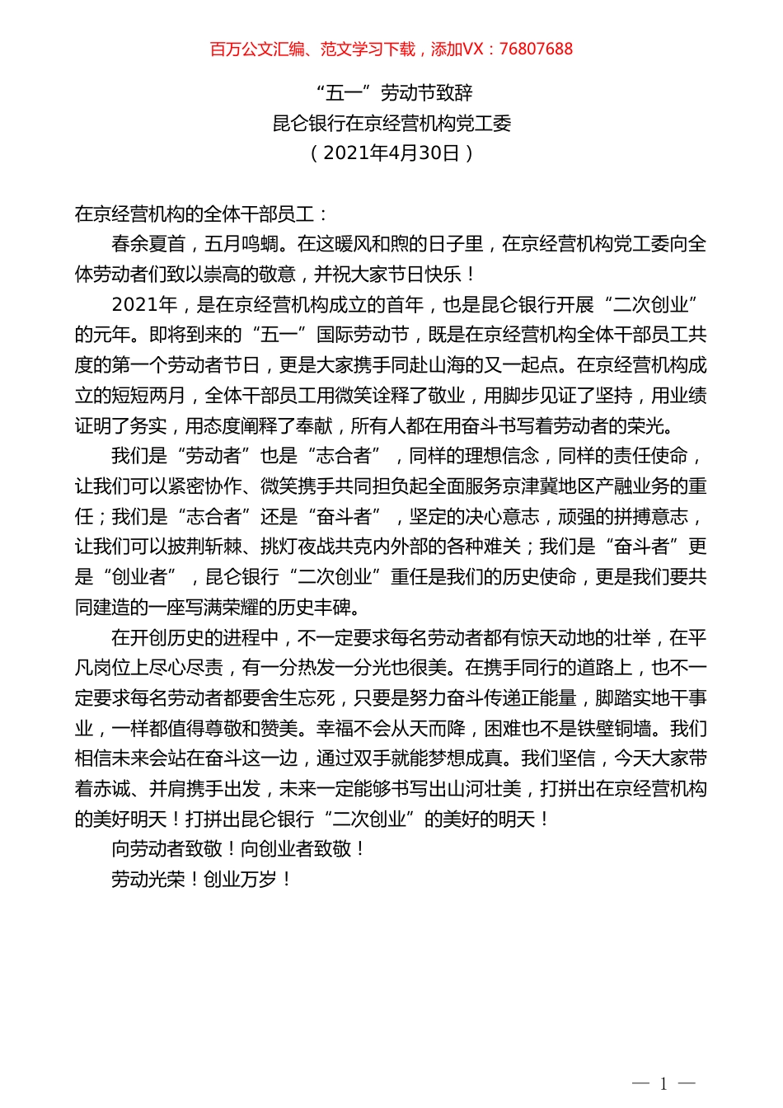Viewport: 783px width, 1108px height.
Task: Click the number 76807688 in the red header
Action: (536, 49)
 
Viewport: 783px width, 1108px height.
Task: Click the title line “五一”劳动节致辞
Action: (393, 92)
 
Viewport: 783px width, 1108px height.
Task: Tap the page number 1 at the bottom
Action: (663, 1083)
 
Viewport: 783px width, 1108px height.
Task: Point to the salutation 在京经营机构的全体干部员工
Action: (195, 214)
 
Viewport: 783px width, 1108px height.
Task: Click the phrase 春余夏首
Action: (148, 244)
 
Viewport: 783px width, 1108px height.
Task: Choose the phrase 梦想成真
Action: (466, 758)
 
